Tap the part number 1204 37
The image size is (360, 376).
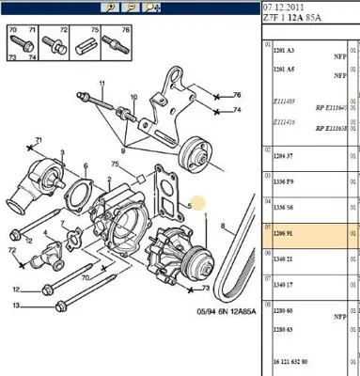point(283,160)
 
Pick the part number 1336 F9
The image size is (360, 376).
point(283,181)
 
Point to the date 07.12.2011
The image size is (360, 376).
point(286,8)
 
